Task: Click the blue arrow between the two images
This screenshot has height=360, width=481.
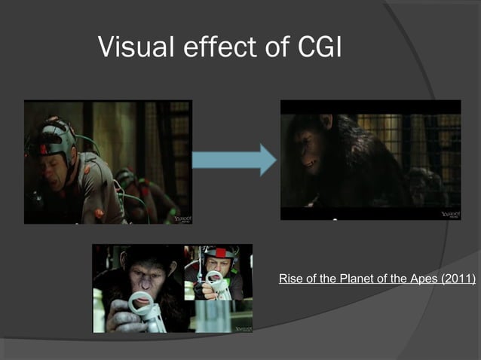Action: point(234,160)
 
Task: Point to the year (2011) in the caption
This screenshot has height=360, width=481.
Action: point(456,279)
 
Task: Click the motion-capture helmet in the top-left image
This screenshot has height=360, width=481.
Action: point(57,136)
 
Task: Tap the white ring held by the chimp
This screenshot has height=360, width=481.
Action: point(141,304)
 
